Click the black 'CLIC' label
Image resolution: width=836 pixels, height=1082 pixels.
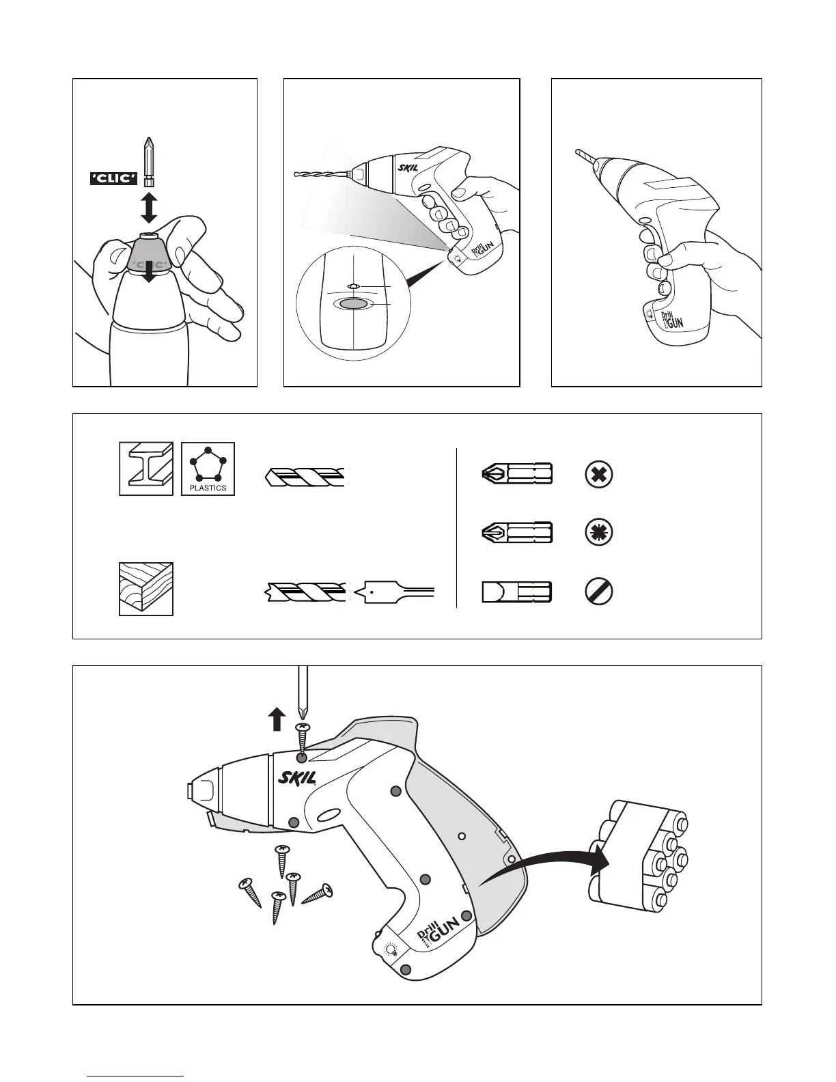tap(114, 179)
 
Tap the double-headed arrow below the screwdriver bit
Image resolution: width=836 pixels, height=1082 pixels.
tap(149, 208)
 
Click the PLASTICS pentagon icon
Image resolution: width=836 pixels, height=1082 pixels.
tap(208, 469)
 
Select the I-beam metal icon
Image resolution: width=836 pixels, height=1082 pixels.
tap(146, 469)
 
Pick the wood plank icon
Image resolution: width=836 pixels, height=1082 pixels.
tap(146, 589)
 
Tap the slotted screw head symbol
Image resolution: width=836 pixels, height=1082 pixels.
tap(599, 592)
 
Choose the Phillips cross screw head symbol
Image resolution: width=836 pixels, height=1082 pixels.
tap(599, 475)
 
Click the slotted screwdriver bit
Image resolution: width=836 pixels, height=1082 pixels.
tap(517, 592)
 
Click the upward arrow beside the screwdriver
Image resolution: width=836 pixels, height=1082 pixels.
tap(276, 719)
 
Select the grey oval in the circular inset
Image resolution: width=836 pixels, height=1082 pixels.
tap(353, 305)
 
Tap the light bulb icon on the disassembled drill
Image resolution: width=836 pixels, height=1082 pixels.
tap(391, 949)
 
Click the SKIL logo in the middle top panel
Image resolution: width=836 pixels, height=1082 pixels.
tap(408, 166)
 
